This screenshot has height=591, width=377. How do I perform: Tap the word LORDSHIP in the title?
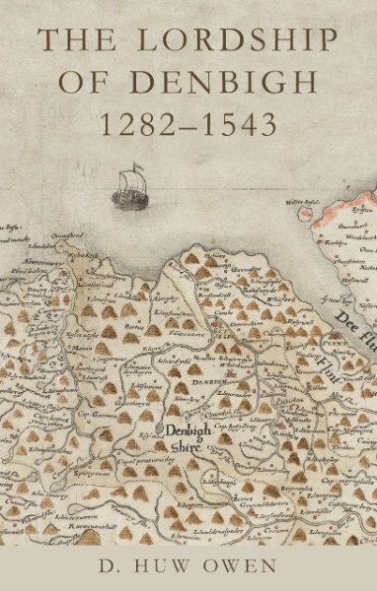pos(233,43)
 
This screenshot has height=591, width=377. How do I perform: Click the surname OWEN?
pos(249,565)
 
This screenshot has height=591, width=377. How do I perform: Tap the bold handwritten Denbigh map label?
pos(186,430)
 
